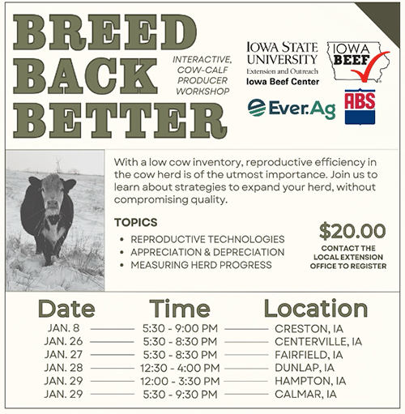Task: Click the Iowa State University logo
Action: [283, 60]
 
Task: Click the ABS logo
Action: [360, 106]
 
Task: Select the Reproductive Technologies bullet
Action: [207, 239]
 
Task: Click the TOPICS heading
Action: [135, 222]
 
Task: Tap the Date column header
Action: [66, 308]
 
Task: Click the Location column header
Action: [315, 308]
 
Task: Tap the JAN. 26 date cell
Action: [66, 342]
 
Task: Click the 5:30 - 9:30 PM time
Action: [179, 394]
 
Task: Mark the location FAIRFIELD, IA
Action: [309, 355]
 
